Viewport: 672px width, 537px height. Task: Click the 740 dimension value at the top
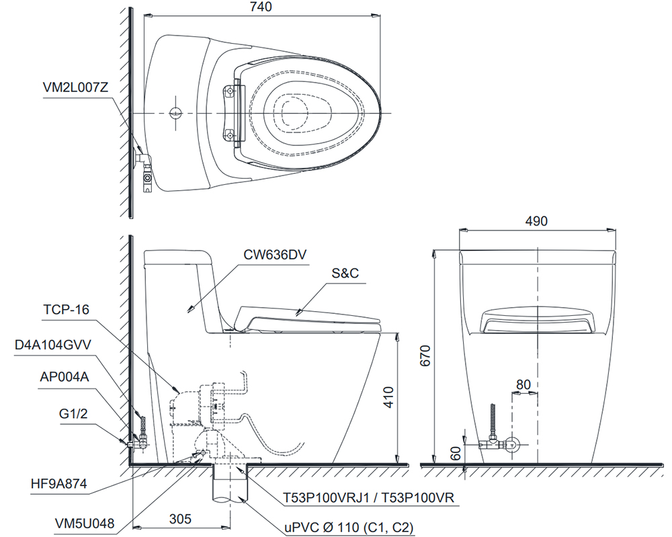[261, 7]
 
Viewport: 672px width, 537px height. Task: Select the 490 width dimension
[536, 220]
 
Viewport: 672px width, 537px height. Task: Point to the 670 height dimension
[425, 356]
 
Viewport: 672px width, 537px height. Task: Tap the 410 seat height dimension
[388, 397]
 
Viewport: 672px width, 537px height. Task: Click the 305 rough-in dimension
[180, 519]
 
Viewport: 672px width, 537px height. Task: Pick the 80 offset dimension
[523, 384]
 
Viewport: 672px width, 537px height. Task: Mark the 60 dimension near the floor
[456, 452]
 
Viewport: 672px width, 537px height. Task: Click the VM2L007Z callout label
[75, 87]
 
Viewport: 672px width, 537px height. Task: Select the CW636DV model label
[275, 255]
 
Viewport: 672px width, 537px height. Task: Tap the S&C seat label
[345, 273]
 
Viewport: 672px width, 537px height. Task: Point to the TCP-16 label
[66, 309]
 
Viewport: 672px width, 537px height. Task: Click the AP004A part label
[65, 377]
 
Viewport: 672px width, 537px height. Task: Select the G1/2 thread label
[73, 413]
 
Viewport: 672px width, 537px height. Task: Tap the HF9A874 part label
[58, 483]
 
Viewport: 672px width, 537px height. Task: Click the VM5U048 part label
[85, 524]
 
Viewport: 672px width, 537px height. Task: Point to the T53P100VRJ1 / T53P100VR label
[368, 497]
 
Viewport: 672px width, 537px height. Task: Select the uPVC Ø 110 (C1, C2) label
[349, 527]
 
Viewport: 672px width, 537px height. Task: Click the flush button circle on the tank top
[175, 113]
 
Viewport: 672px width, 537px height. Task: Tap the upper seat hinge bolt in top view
[230, 91]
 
